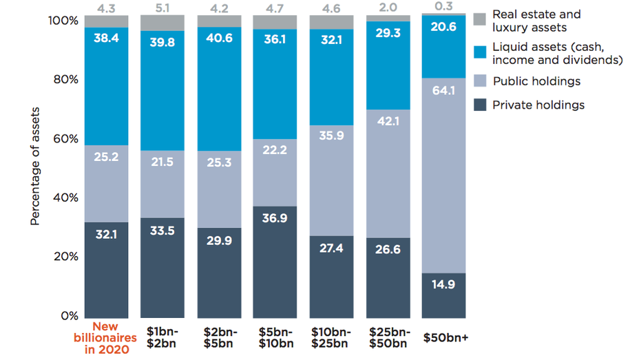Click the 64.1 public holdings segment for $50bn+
(444, 176)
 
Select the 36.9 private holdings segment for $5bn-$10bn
(275, 261)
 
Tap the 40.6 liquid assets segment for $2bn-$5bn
(218, 89)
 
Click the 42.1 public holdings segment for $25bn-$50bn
(388, 173)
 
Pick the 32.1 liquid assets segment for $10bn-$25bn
(331, 77)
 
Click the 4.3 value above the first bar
(106, 8)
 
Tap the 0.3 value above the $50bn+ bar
(444, 8)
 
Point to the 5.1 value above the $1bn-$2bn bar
(162, 8)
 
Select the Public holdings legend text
(536, 81)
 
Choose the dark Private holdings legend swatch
(480, 105)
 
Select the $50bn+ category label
(444, 338)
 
